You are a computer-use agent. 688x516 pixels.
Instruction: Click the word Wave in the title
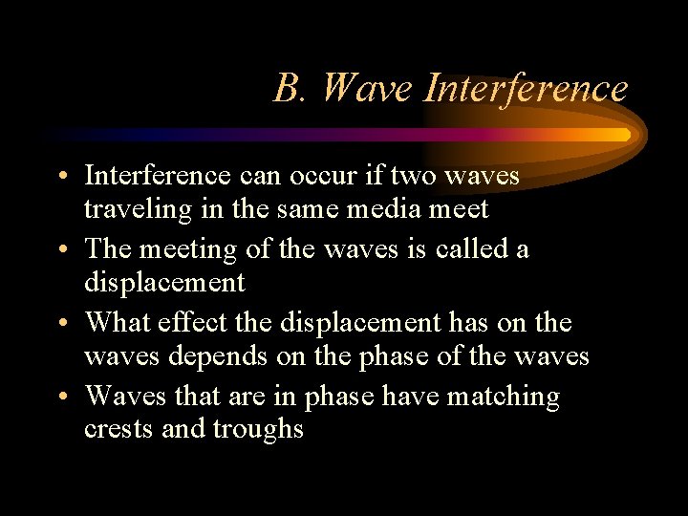pyautogui.click(x=367, y=88)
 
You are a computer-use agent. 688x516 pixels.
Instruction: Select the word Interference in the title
pyautogui.click(x=525, y=88)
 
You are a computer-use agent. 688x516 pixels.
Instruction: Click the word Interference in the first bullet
pyautogui.click(x=157, y=176)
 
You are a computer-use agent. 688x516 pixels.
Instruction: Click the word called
pyautogui.click(x=474, y=249)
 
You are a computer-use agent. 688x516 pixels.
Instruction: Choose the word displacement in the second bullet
pyautogui.click(x=164, y=282)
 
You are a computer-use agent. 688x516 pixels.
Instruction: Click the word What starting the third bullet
pyautogui.click(x=119, y=323)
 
